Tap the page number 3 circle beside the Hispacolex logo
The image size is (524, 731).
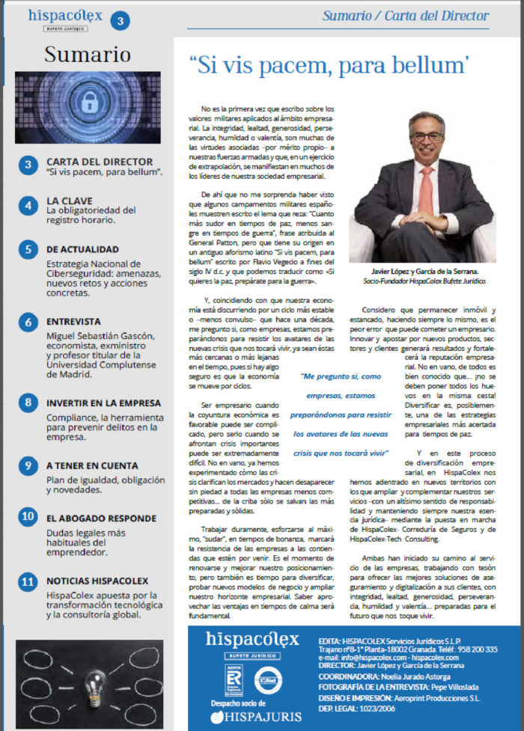120,22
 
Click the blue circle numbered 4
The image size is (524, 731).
28,205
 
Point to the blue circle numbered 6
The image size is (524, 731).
28,322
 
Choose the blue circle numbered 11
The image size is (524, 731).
28,581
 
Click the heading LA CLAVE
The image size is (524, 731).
70,201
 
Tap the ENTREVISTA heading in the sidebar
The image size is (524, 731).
76,321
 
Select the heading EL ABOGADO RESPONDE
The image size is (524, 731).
101,518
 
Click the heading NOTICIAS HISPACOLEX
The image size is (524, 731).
97,581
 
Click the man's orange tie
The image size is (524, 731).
426,190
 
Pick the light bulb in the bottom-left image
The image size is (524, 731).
88,679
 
